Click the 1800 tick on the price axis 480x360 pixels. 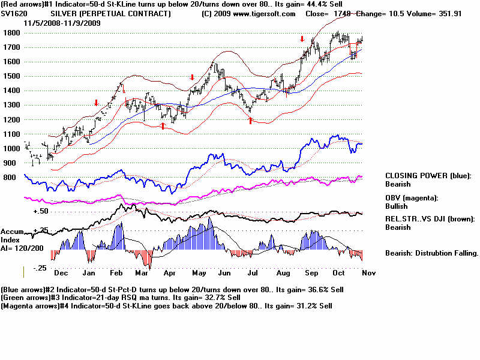[11, 32]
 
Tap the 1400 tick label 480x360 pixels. [11, 91]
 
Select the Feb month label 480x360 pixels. [117, 272]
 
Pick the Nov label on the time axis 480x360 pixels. [370, 272]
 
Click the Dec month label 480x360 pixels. [61, 272]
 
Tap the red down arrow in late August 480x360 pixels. [302, 39]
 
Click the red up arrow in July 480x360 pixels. [250, 121]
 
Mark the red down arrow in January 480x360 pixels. [95, 103]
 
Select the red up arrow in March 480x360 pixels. [163, 125]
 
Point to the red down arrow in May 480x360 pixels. [192, 77]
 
